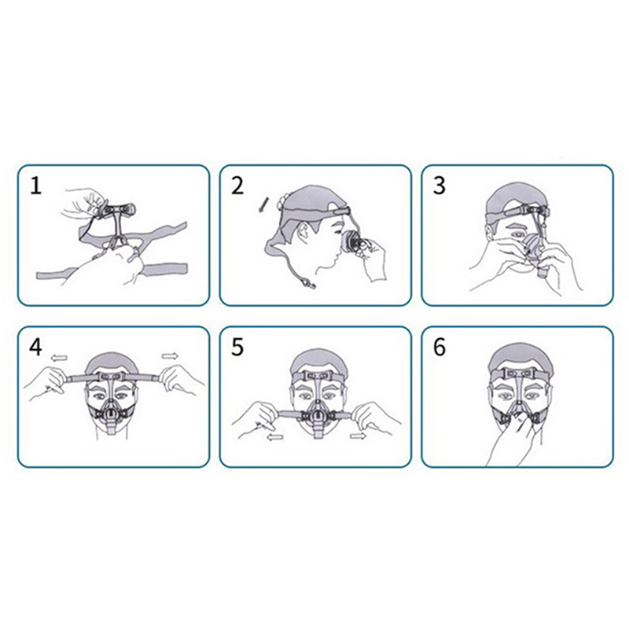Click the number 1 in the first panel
click(x=36, y=186)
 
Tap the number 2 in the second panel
click(x=237, y=186)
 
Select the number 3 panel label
click(x=440, y=186)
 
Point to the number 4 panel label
click(x=35, y=348)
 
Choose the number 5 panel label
click(x=237, y=348)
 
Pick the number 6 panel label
click(x=440, y=348)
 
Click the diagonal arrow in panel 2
click(x=263, y=205)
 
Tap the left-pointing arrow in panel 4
click(x=59, y=358)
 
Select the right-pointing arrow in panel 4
click(x=170, y=356)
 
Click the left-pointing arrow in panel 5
click(x=274, y=437)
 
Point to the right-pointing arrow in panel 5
click(x=358, y=436)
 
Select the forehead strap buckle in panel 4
click(x=109, y=377)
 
